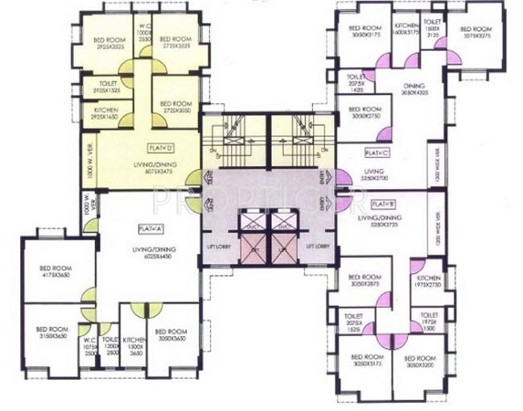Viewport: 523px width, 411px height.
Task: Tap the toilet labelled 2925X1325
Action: (x=106, y=86)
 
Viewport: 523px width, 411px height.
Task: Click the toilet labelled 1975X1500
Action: (x=428, y=321)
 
